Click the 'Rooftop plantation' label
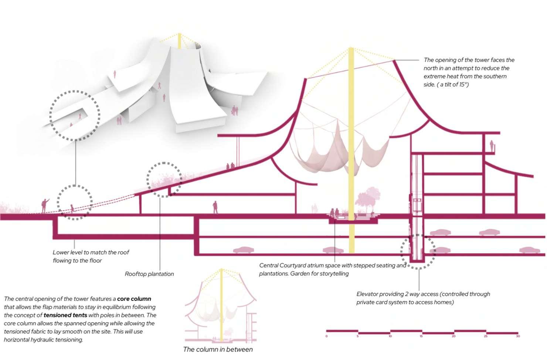[149, 274]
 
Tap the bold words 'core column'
[134, 299]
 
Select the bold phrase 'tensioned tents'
[65, 315]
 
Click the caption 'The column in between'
[218, 349]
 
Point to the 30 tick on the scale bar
[518, 336]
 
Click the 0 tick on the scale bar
[326, 336]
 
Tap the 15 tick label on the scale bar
[421, 336]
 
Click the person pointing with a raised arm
[44, 206]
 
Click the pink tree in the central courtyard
[368, 200]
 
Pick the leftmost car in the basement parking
[243, 250]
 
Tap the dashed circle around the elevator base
[418, 252]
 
